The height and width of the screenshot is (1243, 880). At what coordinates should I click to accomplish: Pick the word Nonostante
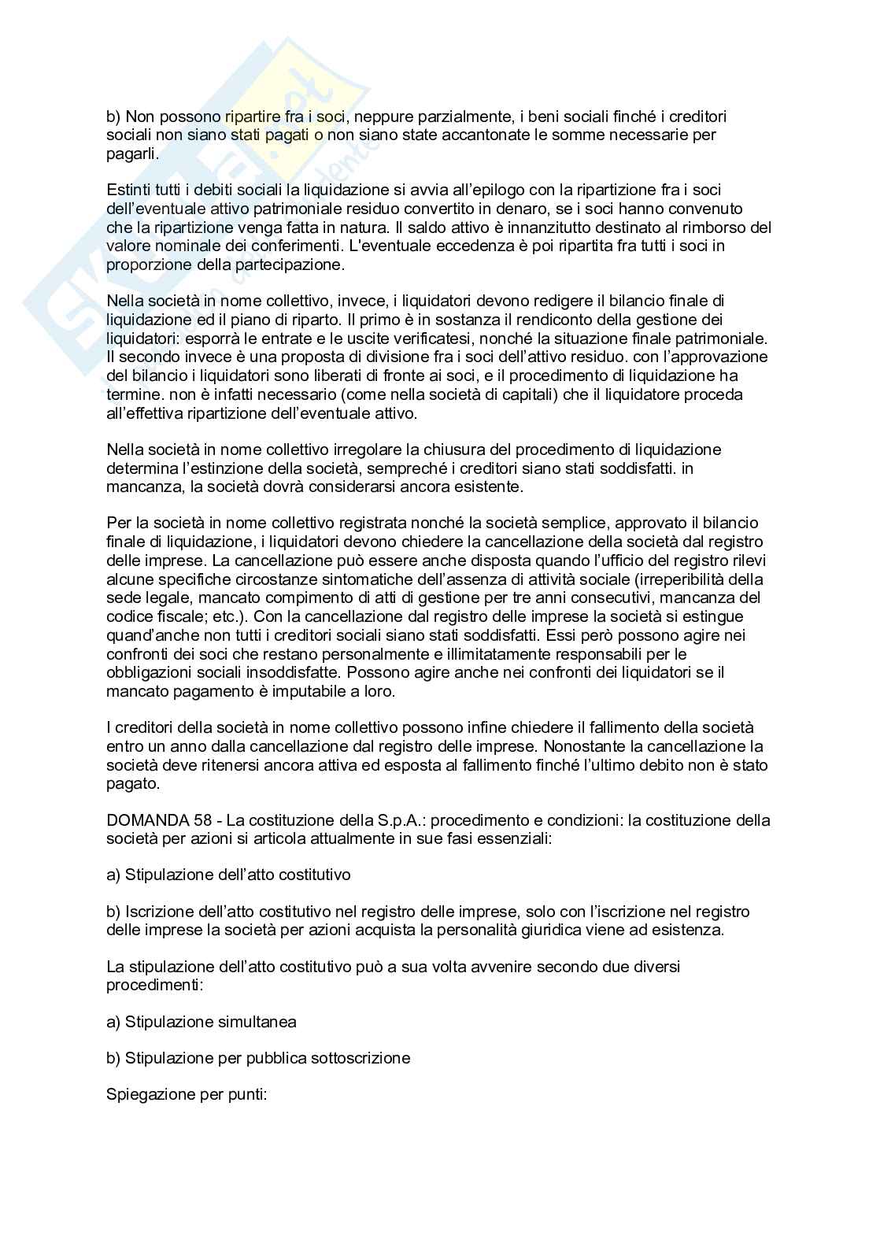[583, 746]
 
